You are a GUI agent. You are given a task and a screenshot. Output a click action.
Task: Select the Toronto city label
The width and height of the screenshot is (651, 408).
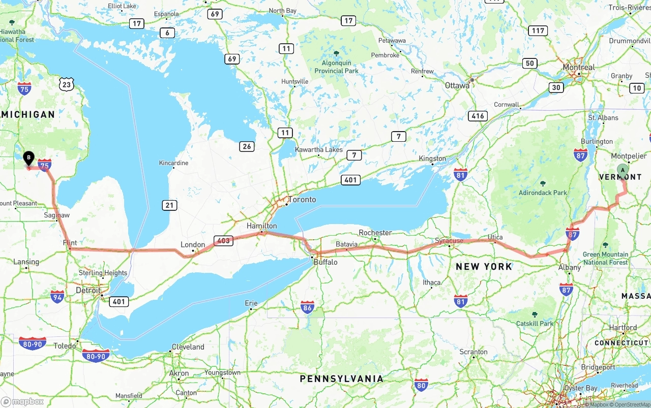[x=302, y=200]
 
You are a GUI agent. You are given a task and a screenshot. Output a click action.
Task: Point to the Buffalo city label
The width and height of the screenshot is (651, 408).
[x=325, y=262]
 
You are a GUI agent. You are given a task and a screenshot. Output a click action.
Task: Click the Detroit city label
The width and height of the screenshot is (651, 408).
[x=87, y=291]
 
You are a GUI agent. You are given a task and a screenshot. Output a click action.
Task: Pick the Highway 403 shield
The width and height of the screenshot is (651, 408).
[x=223, y=241]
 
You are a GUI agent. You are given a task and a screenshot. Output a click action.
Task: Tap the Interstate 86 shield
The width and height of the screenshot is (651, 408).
[x=307, y=307]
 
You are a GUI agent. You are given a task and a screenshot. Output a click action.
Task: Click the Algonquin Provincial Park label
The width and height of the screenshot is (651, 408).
[x=336, y=67]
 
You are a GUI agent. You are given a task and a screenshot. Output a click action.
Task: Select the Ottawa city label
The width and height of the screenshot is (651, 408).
[x=457, y=85]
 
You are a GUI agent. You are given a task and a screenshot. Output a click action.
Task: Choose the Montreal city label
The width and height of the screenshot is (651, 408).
[x=578, y=68]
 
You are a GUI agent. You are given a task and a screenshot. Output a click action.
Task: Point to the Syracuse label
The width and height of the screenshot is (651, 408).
[x=449, y=240]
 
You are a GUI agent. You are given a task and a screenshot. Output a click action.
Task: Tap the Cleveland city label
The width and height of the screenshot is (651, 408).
[x=188, y=347]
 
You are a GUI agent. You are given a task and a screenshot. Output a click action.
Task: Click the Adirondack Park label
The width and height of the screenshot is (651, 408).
[x=543, y=193]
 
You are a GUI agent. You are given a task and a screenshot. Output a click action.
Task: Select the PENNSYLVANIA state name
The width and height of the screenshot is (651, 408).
[x=341, y=379]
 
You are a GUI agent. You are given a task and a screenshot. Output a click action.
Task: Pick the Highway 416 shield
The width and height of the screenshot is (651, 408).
[x=478, y=116]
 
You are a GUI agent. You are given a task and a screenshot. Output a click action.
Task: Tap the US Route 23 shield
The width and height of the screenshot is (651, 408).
[x=66, y=84]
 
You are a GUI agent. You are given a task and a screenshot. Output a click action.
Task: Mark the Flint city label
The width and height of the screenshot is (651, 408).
[x=70, y=243]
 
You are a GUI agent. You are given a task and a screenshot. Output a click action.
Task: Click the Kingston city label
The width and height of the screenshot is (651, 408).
[x=432, y=159]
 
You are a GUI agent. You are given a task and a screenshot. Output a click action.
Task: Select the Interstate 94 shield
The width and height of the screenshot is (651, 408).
[x=57, y=296]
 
